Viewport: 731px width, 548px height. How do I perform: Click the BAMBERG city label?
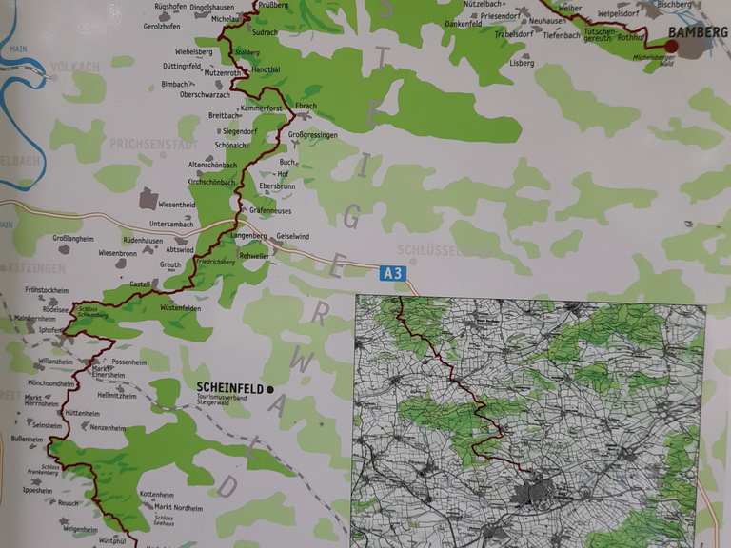[x=699, y=31]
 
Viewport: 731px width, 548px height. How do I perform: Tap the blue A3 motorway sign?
[x=392, y=273]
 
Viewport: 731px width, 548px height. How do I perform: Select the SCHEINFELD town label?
[x=229, y=388]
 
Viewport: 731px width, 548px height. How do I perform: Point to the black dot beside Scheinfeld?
[x=270, y=388]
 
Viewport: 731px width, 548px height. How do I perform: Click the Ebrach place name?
[x=306, y=107]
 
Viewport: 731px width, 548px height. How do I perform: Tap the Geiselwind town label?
[x=295, y=235]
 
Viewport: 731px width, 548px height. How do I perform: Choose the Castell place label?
[x=139, y=284]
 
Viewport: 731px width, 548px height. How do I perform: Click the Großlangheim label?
[x=74, y=240]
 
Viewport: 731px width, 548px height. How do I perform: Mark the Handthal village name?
[x=267, y=70]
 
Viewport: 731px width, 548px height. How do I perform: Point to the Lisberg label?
[x=522, y=63]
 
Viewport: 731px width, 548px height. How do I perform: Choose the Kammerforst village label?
[x=261, y=108]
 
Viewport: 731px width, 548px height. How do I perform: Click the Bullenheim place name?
[x=27, y=439]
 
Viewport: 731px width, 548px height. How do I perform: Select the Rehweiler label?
[x=255, y=256]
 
